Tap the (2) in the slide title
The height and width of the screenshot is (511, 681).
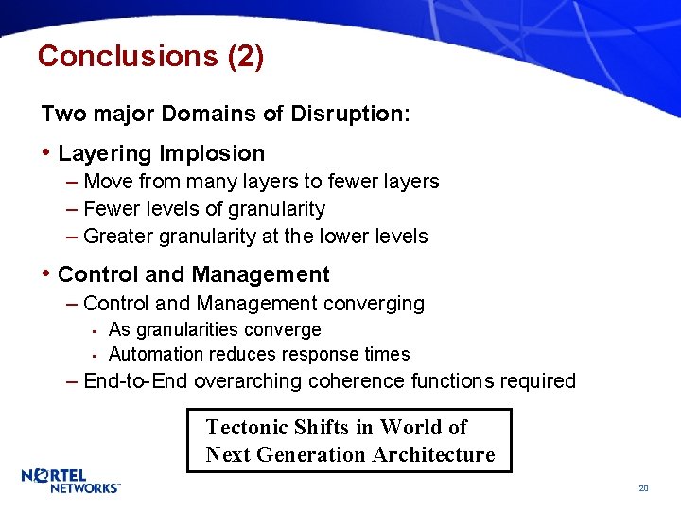pos(246,57)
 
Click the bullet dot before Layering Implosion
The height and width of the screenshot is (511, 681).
pos(46,153)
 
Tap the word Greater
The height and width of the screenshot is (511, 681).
pos(116,237)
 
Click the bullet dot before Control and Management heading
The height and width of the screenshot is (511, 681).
pos(46,274)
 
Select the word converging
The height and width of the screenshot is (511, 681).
pos(374,304)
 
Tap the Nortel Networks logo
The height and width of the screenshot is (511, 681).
pos(71,480)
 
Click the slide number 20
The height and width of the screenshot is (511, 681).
pos(643,488)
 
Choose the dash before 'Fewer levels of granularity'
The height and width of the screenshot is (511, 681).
pos(74,209)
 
